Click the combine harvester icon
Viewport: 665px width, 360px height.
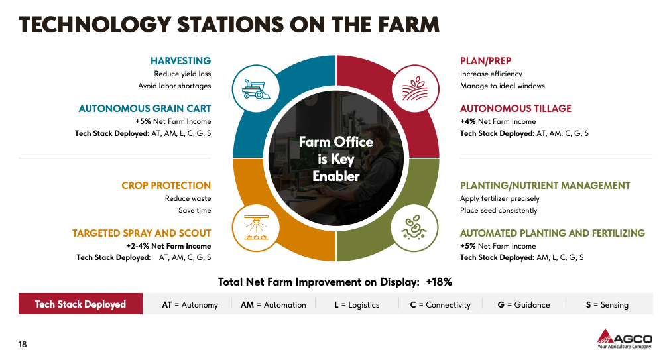coord(256,89)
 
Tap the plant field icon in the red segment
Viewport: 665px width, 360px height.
coord(415,89)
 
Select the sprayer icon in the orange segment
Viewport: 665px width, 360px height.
coord(256,227)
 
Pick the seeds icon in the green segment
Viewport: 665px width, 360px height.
coord(414,227)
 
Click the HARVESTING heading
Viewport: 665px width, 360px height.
coord(180,60)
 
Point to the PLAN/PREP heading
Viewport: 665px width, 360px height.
coord(485,60)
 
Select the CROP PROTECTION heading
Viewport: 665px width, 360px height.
coord(166,185)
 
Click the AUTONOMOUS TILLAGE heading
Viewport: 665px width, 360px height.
coord(516,109)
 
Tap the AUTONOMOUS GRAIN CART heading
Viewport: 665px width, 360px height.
coord(145,109)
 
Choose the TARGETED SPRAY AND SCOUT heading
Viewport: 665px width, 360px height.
coord(142,233)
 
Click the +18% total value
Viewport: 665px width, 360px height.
coord(439,282)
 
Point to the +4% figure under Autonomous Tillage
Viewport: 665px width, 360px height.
coord(468,121)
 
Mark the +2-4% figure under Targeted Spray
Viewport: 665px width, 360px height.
coord(138,246)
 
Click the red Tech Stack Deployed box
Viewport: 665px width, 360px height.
coord(81,304)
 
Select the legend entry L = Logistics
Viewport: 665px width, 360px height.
coord(357,305)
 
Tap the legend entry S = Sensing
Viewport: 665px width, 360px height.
coord(607,305)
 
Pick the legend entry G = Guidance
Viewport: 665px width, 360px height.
coord(524,305)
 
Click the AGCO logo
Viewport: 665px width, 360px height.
coord(625,339)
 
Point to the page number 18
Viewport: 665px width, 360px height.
coord(23,344)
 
